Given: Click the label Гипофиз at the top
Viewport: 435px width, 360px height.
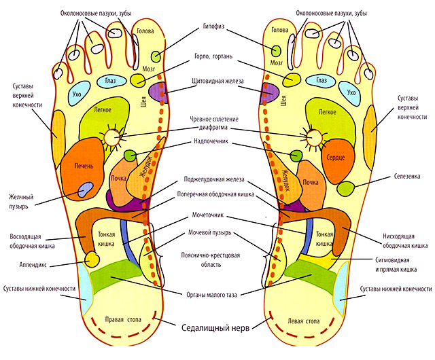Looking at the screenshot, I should click(x=215, y=31).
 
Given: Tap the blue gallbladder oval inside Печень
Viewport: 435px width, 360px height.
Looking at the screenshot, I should click(x=84, y=191).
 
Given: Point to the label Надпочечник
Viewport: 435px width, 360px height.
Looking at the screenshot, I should click(x=215, y=143).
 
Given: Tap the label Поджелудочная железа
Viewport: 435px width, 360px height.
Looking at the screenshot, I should click(x=215, y=180).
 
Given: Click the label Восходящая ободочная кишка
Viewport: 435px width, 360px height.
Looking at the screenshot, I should click(x=29, y=241).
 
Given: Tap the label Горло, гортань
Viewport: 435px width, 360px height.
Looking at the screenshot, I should click(x=217, y=59).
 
